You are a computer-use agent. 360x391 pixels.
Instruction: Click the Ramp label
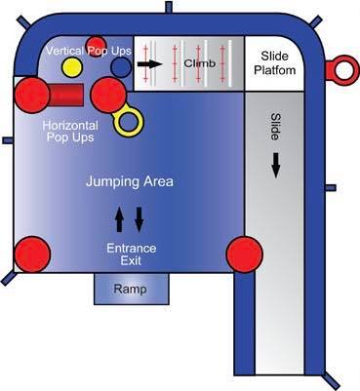(130, 289)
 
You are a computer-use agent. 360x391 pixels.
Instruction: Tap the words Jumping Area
(130, 181)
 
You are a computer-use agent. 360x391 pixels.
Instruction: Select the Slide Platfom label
(275, 63)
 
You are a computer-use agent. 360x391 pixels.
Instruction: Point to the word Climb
(200, 63)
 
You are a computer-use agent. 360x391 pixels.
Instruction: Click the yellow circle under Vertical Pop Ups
(72, 67)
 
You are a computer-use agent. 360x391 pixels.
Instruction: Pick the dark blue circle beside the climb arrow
(121, 67)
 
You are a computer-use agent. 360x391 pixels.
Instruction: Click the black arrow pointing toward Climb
(149, 63)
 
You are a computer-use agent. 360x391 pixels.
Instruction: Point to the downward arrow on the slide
(276, 165)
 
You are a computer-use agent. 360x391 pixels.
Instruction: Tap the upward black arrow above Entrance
(119, 219)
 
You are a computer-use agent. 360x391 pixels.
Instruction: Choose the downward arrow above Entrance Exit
(140, 220)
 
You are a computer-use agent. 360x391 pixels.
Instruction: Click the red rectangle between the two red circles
(66, 95)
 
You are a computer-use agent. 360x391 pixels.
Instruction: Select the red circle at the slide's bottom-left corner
(244, 254)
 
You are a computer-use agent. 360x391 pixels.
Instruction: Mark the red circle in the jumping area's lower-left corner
(32, 254)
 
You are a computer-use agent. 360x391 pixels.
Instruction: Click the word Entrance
(132, 249)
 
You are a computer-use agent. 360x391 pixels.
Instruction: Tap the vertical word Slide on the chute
(275, 127)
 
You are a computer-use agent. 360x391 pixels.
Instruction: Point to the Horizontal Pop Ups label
(70, 131)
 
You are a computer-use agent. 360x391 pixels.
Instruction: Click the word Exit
(131, 260)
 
